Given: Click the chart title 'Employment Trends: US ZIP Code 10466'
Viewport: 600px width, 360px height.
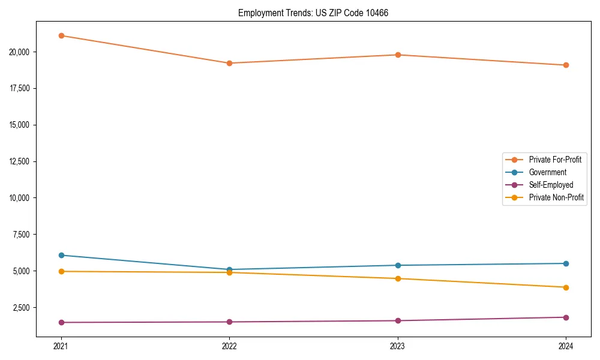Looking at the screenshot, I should pyautogui.click(x=313, y=13).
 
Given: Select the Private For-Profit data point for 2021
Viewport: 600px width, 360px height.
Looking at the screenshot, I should pyautogui.click(x=61, y=35).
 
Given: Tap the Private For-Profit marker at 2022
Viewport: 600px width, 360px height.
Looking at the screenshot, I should pyautogui.click(x=229, y=63).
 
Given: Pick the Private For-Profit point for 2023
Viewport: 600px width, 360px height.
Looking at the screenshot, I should pyautogui.click(x=398, y=55).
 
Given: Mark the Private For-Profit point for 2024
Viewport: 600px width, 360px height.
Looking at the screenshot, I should pyautogui.click(x=566, y=65).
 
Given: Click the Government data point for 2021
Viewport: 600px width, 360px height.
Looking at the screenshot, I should pyautogui.click(x=61, y=255).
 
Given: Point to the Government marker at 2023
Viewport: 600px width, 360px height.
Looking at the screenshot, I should pyautogui.click(x=398, y=265).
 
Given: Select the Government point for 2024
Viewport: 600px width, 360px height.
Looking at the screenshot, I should pyautogui.click(x=566, y=263).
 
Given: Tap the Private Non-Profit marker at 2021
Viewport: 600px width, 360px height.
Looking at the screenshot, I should pyautogui.click(x=61, y=271).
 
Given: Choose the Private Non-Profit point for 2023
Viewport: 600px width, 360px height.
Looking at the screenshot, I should pyautogui.click(x=398, y=278).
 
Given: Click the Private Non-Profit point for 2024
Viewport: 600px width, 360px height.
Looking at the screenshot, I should pyautogui.click(x=566, y=287).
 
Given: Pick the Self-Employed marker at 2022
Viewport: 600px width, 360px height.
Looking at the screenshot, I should pyautogui.click(x=229, y=322).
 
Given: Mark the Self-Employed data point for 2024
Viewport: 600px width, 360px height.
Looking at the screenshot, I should pyautogui.click(x=566, y=317).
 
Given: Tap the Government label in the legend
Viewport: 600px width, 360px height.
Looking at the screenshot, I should pyautogui.click(x=547, y=172).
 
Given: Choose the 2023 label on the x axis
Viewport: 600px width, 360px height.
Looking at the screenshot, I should pyautogui.click(x=398, y=346).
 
